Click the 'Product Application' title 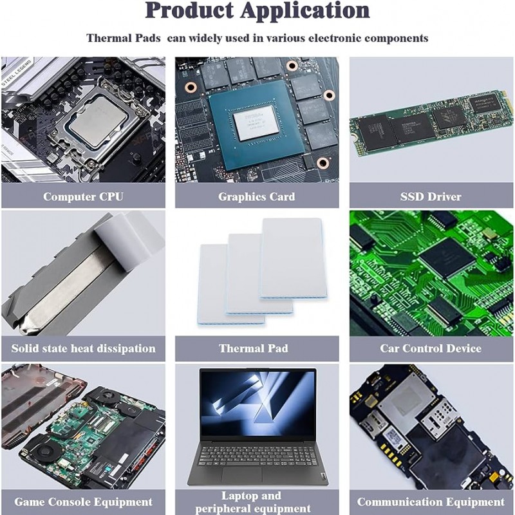257,10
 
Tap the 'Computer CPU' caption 83,196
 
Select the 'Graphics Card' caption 256,196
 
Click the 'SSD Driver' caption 431,196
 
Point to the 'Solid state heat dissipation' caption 83,348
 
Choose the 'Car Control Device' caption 431,348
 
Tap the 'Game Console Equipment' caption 83,502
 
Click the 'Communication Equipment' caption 431,502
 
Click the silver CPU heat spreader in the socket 98,119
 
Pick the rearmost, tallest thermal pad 292,258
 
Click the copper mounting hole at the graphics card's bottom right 323,163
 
